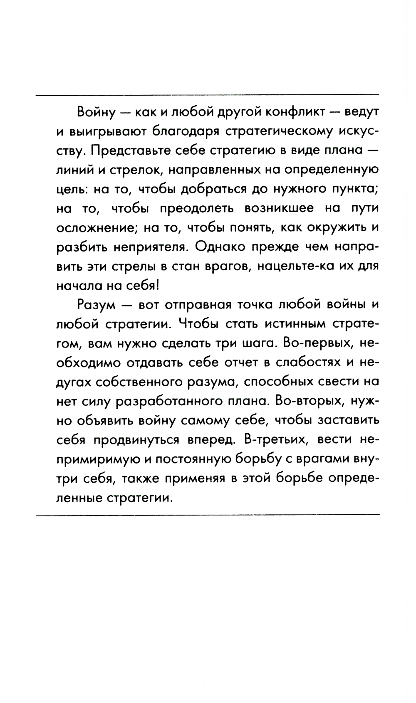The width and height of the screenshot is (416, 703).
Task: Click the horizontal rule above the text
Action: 208,95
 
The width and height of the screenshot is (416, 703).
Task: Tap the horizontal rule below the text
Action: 208,516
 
